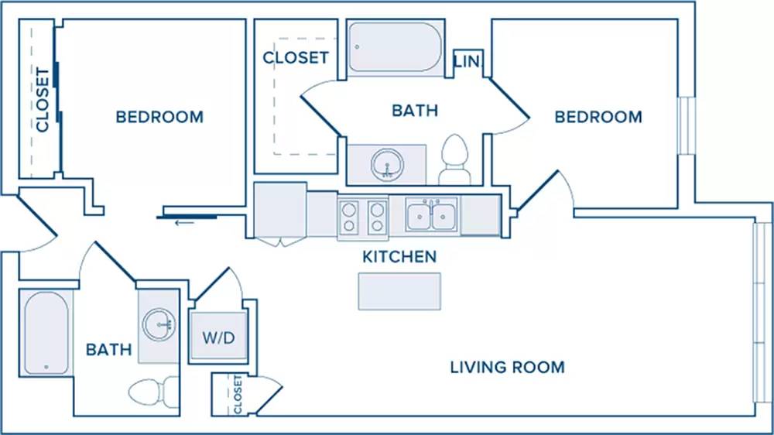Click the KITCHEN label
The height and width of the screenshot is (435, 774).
[399, 257]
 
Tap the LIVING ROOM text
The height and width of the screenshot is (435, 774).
[508, 367]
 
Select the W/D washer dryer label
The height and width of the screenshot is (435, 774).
[219, 337]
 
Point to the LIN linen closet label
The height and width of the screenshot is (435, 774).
[467, 61]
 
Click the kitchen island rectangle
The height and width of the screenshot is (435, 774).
[399, 291]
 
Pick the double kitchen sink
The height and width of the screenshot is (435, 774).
[431, 214]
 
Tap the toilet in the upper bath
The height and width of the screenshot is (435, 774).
[454, 159]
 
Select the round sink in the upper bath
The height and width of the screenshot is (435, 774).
[388, 164]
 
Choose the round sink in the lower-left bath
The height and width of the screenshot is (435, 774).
[159, 324]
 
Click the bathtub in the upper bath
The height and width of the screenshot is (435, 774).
[396, 47]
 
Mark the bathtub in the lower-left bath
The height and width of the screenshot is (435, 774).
[46, 333]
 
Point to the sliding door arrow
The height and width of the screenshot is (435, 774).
[184, 223]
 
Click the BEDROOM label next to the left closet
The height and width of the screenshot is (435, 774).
[159, 117]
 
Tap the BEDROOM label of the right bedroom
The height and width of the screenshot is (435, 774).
[598, 117]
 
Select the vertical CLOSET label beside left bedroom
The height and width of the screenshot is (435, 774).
[43, 100]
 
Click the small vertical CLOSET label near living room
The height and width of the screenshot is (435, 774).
[238, 395]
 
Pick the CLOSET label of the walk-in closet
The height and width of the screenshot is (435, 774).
[296, 58]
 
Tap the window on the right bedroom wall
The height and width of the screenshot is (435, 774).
[686, 126]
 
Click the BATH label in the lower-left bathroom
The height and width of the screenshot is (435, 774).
[109, 350]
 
